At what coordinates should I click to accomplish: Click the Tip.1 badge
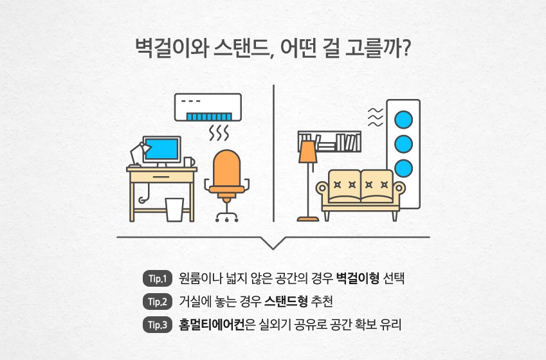coord(158,279)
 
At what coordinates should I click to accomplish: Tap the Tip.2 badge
coord(158,301)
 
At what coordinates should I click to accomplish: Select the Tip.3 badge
coord(158,325)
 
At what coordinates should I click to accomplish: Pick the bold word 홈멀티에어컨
coord(212,325)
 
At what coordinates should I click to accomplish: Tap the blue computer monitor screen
coord(160,149)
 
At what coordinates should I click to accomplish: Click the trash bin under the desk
coord(174,209)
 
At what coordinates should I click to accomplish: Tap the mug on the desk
coord(188,161)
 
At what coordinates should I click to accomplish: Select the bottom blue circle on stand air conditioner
coord(403,168)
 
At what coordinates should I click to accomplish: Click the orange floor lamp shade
coord(308,152)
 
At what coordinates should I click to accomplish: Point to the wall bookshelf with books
coord(330,141)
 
